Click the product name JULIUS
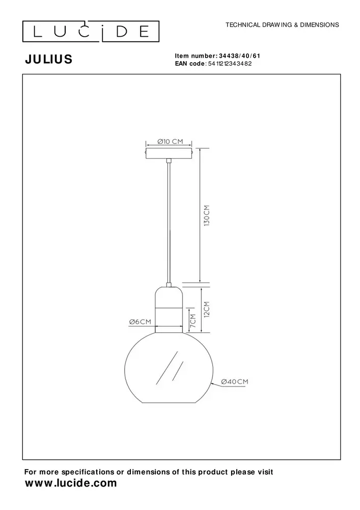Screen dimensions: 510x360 coord(48,60)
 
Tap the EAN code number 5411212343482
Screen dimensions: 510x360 coord(230,64)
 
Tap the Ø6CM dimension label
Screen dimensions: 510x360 coord(140,322)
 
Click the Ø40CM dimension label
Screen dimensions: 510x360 coord(235,381)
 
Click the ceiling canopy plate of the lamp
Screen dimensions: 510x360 coord(169,152)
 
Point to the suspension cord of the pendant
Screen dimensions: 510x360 coord(169,219)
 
